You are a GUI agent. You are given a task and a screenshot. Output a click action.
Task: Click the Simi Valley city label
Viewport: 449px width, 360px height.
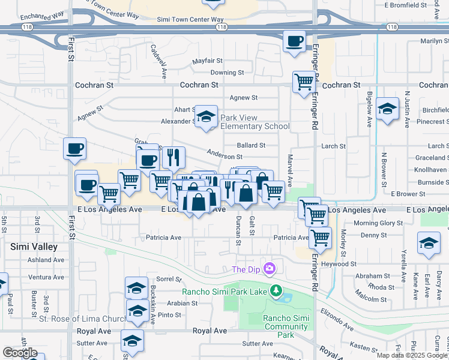[34, 247]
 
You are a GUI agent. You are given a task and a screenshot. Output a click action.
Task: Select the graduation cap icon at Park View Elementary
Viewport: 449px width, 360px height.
[206, 116]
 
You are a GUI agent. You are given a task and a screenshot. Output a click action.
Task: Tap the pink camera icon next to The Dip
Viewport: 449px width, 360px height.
[270, 268]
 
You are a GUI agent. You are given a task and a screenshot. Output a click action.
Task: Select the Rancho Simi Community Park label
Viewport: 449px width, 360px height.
[286, 326]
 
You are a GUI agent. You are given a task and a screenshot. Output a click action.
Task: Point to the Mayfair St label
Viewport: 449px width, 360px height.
[208, 61]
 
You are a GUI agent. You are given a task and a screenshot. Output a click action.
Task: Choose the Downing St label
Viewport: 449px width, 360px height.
[227, 73]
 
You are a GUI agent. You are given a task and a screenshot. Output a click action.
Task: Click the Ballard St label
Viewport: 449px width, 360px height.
[251, 145]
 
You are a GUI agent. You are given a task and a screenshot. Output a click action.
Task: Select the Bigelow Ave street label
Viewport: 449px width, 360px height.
[369, 109]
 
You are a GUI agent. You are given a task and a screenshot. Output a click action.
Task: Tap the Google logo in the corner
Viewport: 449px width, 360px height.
[20, 353]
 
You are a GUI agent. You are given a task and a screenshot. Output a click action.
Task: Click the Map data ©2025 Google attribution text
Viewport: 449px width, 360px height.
[412, 355]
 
